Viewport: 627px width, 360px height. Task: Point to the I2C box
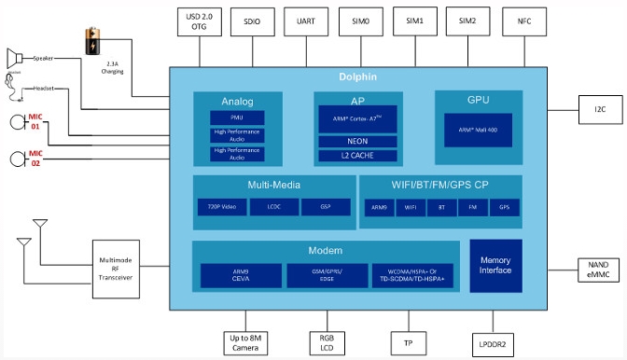point(600,110)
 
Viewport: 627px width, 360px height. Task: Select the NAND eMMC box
point(600,270)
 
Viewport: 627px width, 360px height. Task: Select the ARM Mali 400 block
point(477,131)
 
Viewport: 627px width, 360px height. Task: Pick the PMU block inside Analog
point(237,118)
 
